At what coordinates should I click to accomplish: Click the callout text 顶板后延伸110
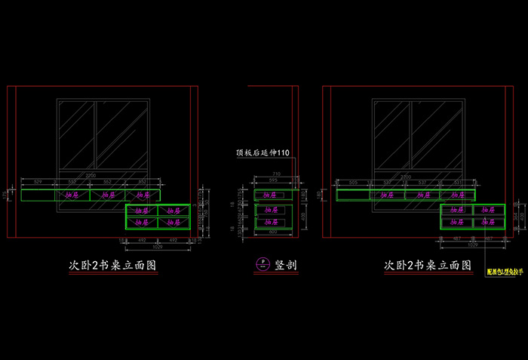coord(262,153)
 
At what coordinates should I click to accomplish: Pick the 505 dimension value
coord(353,183)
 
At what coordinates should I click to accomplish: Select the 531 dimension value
coord(457,183)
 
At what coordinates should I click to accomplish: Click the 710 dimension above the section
coord(276,174)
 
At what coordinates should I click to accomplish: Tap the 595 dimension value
coord(273,181)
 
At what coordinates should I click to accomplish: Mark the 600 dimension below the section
coord(273,232)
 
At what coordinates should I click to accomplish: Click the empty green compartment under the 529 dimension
coord(38,195)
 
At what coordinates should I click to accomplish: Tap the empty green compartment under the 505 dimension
coord(353,195)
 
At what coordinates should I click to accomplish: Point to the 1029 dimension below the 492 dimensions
coord(158,246)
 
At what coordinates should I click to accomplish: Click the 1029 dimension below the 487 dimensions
coord(473,246)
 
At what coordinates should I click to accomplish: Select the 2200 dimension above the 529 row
coord(91,176)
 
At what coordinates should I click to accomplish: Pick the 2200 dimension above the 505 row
coord(406,176)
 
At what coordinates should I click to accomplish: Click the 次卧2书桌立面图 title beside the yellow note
coord(428,266)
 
